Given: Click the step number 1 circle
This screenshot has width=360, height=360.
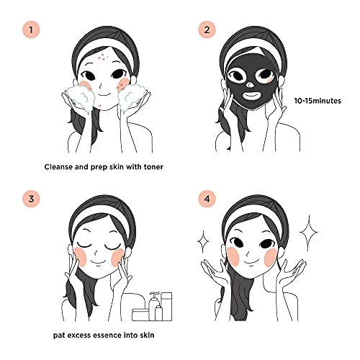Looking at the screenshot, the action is (x=31, y=30).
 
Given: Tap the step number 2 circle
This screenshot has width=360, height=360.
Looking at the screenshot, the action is (x=207, y=30).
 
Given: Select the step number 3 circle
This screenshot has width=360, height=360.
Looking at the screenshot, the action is (x=31, y=199).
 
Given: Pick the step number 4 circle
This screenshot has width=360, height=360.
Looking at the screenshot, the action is (x=207, y=199).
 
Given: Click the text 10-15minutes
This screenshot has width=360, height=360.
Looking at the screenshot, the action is (x=318, y=101).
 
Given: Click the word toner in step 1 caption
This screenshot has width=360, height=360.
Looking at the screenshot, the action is (x=153, y=166).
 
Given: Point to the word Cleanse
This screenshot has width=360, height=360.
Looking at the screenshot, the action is (x=58, y=166).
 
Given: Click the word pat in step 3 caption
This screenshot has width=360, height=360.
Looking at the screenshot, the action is (x=59, y=336).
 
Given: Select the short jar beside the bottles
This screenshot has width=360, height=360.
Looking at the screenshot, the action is (x=140, y=315).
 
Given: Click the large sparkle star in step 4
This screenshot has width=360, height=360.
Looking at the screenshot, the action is (x=309, y=232).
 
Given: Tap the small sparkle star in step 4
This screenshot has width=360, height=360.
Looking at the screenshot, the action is (x=203, y=242).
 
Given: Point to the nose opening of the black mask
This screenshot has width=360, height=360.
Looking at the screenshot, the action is (x=250, y=84).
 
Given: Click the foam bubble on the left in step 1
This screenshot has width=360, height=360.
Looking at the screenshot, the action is (x=80, y=97).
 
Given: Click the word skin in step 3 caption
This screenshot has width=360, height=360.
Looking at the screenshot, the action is (x=146, y=335).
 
